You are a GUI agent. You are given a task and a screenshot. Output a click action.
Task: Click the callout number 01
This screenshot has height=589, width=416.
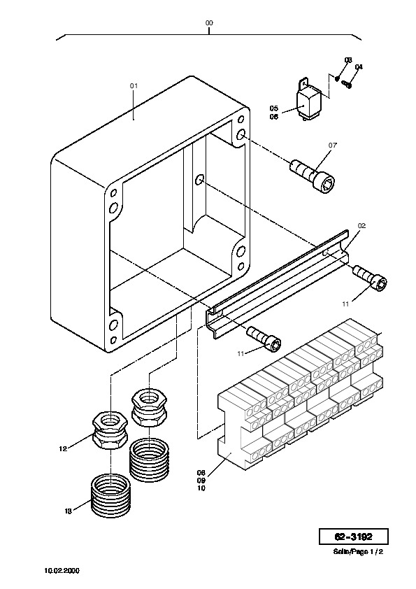pyautogui.click(x=134, y=85)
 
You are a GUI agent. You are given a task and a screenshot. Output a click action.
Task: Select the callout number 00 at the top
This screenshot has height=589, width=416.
pyautogui.click(x=209, y=23)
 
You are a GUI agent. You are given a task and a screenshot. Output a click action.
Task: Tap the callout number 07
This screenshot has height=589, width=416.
pyautogui.click(x=333, y=145)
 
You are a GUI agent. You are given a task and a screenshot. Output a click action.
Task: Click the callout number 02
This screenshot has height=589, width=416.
pyautogui.click(x=361, y=226)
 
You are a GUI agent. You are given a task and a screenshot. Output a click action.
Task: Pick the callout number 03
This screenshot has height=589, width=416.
pyautogui.click(x=348, y=60)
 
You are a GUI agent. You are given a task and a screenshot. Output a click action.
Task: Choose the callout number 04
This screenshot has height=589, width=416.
pyautogui.click(x=359, y=67)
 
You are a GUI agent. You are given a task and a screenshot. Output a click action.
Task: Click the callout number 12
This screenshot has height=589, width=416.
pyautogui.click(x=63, y=448)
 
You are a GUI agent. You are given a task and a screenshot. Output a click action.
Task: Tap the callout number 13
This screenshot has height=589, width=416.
pyautogui.click(x=68, y=511)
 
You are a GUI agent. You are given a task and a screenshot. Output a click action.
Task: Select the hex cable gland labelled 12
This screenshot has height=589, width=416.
pyautogui.click(x=110, y=430)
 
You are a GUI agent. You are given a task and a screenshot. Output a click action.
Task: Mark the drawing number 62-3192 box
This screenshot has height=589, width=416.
pyautogui.click(x=354, y=537)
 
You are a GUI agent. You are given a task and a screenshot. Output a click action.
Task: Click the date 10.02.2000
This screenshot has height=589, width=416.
pyautogui.click(x=62, y=571)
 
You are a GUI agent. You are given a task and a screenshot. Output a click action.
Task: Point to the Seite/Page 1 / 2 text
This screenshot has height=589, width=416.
pyautogui.click(x=358, y=552)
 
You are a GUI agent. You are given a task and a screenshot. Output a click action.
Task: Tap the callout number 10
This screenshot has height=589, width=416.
pyautogui.click(x=201, y=488)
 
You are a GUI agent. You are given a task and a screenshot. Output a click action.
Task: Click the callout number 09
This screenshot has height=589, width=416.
pyautogui.click(x=201, y=481)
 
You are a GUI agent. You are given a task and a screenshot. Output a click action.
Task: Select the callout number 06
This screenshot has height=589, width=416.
pyautogui.click(x=274, y=116)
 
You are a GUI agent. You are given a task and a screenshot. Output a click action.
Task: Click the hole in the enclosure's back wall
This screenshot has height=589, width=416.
pyautogui.click(x=199, y=180)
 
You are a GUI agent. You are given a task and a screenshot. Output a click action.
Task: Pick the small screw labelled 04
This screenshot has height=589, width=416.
pyautogui.click(x=347, y=85)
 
